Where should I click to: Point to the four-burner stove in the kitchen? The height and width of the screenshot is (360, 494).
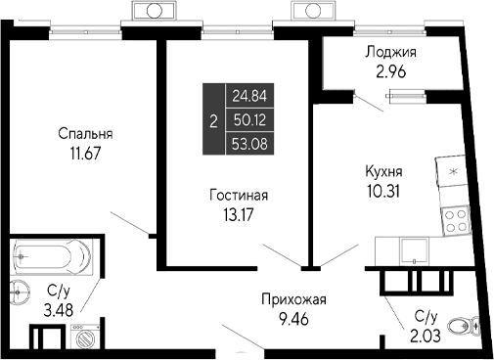pos(455,219)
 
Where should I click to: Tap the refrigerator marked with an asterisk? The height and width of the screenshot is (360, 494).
pos(452,171)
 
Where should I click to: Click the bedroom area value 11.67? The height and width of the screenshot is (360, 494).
pos(84,153)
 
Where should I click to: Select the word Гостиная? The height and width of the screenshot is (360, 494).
pos(239,195)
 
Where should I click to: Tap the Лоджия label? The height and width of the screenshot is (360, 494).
pos(390,53)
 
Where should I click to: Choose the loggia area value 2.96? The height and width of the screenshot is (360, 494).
pos(390,70)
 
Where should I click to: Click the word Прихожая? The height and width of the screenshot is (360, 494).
pos(292,299)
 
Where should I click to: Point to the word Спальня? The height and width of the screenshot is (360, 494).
pos(84,134)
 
